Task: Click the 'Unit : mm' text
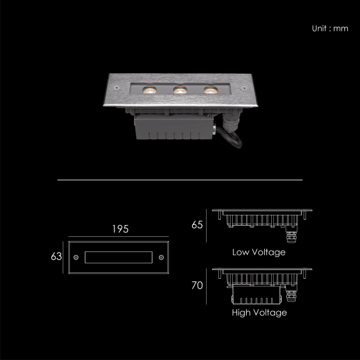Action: pos(330,28)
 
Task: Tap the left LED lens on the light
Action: pos(149,89)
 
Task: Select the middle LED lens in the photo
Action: pos(179,89)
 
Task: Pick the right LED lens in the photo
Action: pos(209,89)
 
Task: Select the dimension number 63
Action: pos(56,256)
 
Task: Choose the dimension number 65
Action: pos(197,224)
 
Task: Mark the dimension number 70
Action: pos(197,286)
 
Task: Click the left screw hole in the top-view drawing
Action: pos(76,257)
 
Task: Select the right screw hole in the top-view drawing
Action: pos(161,257)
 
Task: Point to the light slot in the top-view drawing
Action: pos(118,257)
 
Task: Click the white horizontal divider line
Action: pos(180,180)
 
